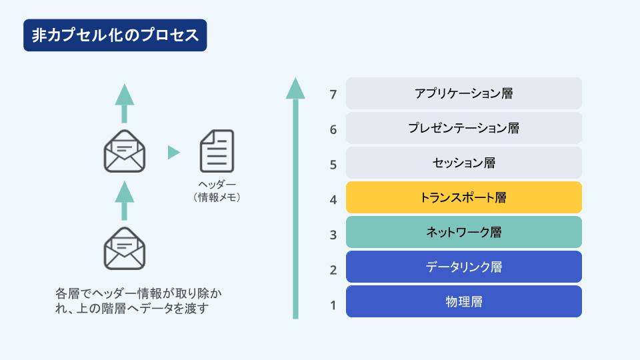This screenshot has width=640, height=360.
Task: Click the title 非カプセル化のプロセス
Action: (115, 35)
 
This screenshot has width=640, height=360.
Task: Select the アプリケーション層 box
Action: (464, 93)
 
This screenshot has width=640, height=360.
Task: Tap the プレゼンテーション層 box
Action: (464, 128)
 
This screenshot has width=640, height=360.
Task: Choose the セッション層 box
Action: (464, 163)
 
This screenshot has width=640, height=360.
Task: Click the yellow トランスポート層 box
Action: (464, 197)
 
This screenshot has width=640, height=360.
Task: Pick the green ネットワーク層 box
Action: (464, 232)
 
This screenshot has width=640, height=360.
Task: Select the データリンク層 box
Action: (464, 267)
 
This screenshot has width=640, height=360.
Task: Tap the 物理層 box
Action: (464, 301)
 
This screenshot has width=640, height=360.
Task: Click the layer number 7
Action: (333, 95)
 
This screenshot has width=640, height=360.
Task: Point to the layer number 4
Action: (333, 200)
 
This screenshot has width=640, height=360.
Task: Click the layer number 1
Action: (333, 305)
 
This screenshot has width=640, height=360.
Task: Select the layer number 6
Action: (333, 130)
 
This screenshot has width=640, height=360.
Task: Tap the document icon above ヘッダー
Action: (217, 151)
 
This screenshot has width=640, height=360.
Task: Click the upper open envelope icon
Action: (125, 151)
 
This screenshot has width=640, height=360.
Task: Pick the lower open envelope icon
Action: (125, 249)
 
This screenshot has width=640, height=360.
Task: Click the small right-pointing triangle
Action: (173, 152)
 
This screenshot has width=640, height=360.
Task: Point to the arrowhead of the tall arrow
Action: (295, 89)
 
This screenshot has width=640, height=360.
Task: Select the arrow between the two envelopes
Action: (125, 201)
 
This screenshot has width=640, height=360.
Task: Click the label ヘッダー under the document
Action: (217, 185)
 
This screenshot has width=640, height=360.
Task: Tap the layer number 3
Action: (333, 235)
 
